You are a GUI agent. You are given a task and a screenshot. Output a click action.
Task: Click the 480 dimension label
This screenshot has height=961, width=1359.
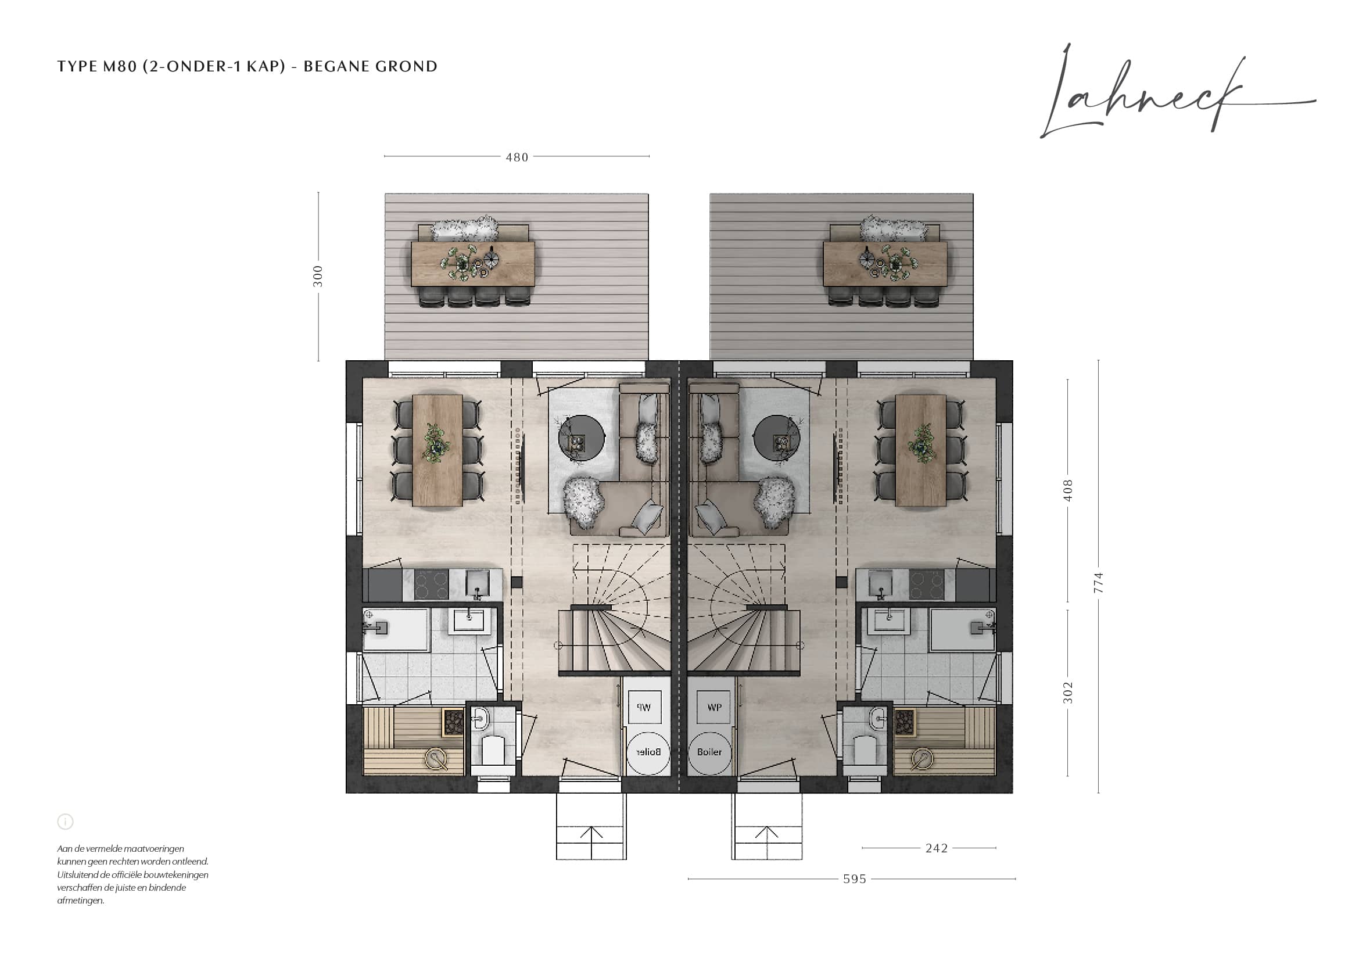coord(517,157)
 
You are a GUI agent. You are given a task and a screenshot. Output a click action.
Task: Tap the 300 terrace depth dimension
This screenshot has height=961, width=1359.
coord(318,277)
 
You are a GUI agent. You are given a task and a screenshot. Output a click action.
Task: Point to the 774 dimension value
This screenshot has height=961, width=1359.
coord(1099,583)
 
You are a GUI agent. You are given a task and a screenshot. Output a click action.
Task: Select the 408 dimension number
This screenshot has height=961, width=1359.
coord(1068,490)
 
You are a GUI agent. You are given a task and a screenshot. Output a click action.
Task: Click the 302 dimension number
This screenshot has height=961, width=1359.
coord(1068,693)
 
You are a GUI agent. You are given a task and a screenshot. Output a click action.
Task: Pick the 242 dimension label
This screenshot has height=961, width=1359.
coord(937,848)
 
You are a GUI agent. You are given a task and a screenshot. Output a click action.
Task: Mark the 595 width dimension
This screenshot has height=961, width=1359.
coord(855,879)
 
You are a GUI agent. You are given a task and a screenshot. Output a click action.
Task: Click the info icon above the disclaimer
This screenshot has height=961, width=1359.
coord(65,822)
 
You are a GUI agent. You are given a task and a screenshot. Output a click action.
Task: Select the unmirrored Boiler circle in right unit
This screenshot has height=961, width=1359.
coord(709,752)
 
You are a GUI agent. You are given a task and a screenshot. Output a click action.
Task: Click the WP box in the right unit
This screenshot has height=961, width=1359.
coord(715,707)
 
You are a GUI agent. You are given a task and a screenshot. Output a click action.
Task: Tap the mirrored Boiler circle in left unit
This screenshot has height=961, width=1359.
coord(648,752)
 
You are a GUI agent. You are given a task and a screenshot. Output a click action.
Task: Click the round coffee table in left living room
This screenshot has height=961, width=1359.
coord(582,439)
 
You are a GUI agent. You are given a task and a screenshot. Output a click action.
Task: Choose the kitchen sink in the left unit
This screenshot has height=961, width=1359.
coord(477,583)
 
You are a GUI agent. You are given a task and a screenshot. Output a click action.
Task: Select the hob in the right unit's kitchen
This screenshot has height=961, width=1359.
coord(926,585)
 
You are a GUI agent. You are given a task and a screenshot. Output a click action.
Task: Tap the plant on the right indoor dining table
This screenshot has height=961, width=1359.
coord(921,442)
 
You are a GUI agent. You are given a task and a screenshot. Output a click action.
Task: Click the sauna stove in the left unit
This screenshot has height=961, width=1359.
coord(453,723)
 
